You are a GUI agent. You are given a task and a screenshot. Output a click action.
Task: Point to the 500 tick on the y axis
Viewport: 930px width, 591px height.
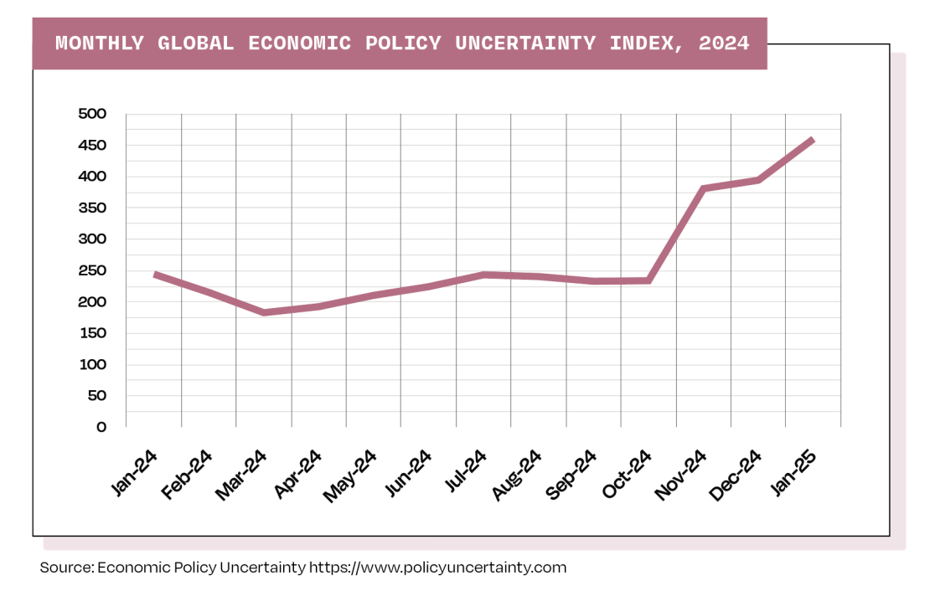coord(91,114)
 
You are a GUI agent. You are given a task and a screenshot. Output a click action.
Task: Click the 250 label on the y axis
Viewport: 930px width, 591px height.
coord(91,270)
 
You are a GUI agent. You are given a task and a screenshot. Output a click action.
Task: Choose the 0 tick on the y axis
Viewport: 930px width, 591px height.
coord(101,427)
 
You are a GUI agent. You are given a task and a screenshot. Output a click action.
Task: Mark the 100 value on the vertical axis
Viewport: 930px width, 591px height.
coord(91,364)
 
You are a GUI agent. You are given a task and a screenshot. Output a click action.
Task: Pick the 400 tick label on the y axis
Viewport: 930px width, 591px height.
coord(91,177)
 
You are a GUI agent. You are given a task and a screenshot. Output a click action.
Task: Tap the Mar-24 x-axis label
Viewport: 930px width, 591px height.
coord(241,475)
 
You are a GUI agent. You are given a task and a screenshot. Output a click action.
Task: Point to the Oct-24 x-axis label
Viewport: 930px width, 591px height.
coord(627,475)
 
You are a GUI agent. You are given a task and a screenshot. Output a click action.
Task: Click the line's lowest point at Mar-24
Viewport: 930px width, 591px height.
coord(264,312)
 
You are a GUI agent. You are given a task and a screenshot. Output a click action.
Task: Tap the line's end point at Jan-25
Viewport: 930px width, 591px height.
coord(813,140)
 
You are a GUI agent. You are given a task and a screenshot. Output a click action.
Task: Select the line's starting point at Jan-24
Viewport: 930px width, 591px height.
coord(155,275)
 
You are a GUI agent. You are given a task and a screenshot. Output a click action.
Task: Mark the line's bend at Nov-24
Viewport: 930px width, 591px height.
coord(704,188)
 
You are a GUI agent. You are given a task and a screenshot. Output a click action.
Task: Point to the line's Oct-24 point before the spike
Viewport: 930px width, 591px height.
coord(648,280)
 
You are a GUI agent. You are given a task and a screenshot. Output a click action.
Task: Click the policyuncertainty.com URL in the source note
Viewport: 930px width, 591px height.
coord(438,568)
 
